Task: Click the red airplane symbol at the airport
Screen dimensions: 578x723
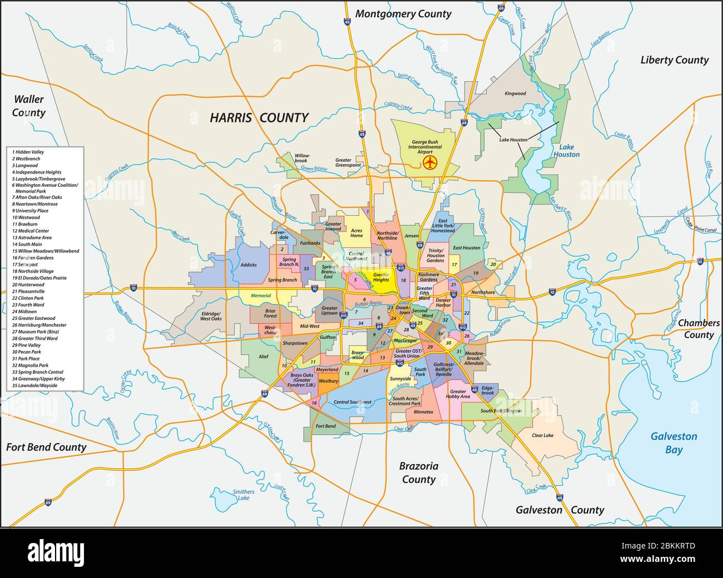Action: point(429,162)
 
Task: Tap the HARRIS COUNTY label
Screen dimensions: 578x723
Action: point(259,117)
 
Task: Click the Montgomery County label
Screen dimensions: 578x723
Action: point(403,14)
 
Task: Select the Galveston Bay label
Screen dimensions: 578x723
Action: point(674,443)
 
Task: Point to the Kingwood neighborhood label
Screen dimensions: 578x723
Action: point(515,93)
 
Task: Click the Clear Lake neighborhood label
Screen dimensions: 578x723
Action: point(542,436)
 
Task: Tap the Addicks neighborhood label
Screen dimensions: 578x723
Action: point(249,265)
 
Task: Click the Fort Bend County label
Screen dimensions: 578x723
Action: point(47,447)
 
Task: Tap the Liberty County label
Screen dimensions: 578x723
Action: point(674,60)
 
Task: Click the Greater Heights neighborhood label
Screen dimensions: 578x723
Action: point(381,277)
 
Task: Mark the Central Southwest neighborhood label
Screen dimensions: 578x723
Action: point(352,402)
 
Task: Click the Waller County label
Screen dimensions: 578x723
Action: point(29,106)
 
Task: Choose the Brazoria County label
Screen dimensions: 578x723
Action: point(418,472)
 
